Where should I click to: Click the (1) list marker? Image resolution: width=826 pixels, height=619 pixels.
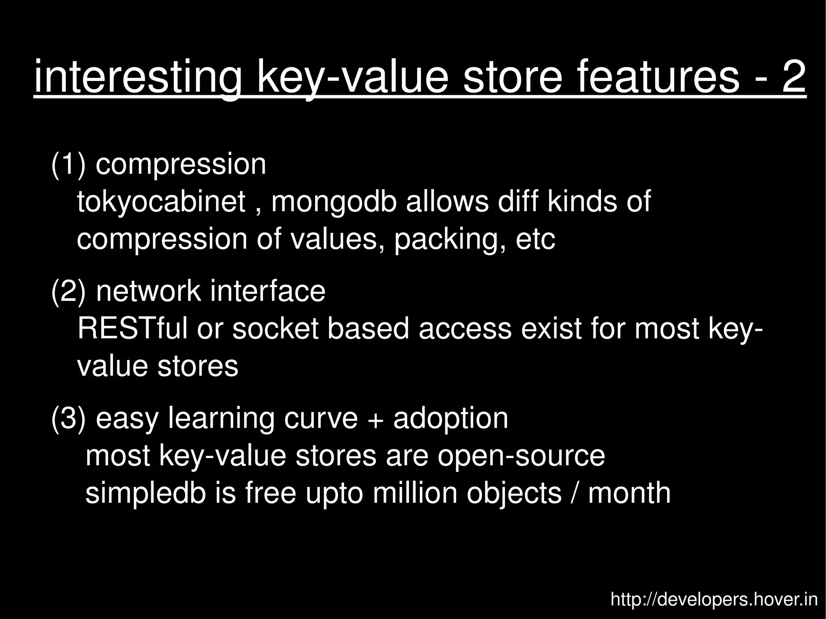coord(68,164)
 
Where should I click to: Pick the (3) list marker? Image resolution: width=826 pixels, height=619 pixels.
coord(68,418)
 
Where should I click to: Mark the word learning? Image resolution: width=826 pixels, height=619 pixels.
coord(221,419)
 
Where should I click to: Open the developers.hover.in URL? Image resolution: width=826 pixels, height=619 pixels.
coord(714,600)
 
